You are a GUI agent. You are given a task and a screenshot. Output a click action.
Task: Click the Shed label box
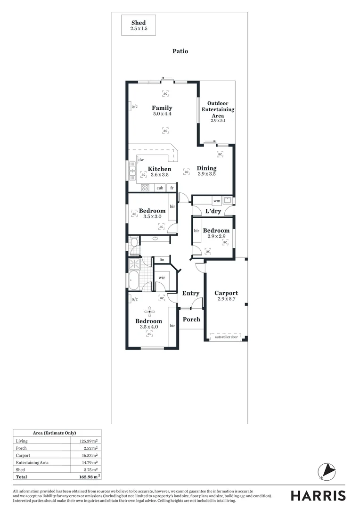pyautogui.click(x=138, y=25)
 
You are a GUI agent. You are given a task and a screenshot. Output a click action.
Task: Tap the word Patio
pyautogui.click(x=180, y=51)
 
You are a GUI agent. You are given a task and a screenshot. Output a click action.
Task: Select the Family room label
pyautogui.click(x=162, y=108)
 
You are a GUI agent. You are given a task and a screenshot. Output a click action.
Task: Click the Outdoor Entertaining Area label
pyautogui.click(x=218, y=109)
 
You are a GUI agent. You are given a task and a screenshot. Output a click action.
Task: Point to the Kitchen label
pyautogui.click(x=159, y=169)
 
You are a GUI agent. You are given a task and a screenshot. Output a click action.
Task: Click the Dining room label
pyautogui.click(x=206, y=168)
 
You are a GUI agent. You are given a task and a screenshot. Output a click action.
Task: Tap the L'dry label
pyautogui.click(x=213, y=211)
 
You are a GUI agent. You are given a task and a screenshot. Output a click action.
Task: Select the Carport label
pyautogui.click(x=226, y=293)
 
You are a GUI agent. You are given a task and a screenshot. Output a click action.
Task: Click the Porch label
pyautogui.click(x=191, y=319)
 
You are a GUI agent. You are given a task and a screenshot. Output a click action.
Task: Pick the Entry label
pyautogui.click(x=191, y=293)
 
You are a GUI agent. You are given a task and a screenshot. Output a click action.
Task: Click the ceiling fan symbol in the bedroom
pyautogui.click(x=150, y=310)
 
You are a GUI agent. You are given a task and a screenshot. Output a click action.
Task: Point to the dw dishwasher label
pyautogui.click(x=141, y=160)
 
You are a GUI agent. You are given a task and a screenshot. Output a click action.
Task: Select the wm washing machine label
pyautogui.click(x=217, y=201)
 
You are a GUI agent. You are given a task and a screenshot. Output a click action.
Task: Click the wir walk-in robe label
pyautogui.click(x=162, y=278)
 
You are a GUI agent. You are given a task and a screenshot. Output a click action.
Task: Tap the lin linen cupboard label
pyautogui.click(x=162, y=260)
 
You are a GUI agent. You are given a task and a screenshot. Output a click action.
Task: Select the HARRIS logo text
pyautogui.click(x=318, y=495)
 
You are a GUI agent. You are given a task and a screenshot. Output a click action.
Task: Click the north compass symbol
pyautogui.click(x=326, y=471)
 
